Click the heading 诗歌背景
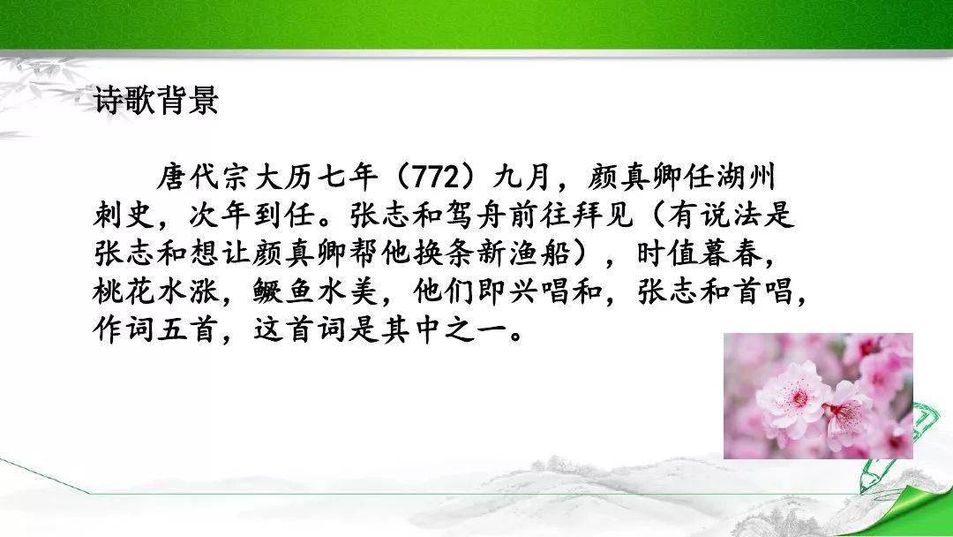[x=155, y=100]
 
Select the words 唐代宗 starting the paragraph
[x=205, y=178]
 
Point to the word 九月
[x=522, y=178]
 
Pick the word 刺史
[x=124, y=216]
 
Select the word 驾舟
[x=477, y=216]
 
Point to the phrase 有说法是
[x=731, y=216]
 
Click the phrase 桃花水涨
[x=156, y=292]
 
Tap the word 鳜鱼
[x=284, y=292]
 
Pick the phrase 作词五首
[x=156, y=330]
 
